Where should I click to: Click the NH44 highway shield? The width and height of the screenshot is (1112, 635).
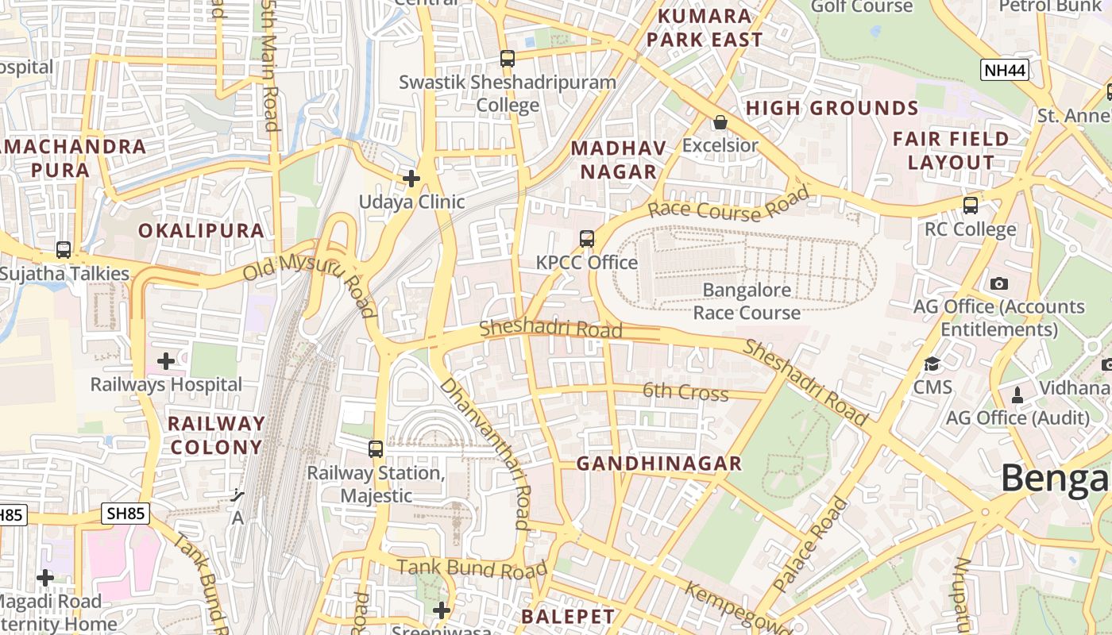pos(1005,70)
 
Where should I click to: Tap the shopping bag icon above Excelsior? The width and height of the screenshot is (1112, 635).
pos(720,122)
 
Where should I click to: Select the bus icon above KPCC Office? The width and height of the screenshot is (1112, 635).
pos(587,238)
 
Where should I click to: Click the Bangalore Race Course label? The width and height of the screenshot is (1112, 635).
pos(747,301)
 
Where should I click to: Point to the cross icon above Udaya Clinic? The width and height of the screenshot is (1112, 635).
pos(411,179)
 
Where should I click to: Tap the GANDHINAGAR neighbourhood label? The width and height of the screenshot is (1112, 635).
pos(658,464)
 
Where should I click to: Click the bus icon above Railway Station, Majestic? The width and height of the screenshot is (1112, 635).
pos(376,449)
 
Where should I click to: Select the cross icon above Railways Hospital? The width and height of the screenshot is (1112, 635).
pos(166,362)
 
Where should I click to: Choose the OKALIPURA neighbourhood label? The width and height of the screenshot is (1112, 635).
pos(201,231)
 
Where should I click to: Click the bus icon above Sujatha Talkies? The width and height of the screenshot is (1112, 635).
pos(64,250)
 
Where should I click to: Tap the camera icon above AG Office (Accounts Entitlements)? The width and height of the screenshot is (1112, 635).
pos(999,283)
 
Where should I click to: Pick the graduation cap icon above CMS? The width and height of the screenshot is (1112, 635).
pos(932,364)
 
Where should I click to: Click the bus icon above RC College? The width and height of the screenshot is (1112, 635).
pos(970,206)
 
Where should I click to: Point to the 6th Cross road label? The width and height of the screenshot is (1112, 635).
pos(674,392)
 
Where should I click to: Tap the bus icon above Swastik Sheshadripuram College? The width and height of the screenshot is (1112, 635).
pos(507,58)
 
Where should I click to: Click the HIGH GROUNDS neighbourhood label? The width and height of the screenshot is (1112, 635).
pos(832,108)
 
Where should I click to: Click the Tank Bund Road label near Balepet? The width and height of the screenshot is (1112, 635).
pos(472,568)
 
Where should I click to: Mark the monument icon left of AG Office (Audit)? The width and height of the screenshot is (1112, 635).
pos(1017,394)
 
